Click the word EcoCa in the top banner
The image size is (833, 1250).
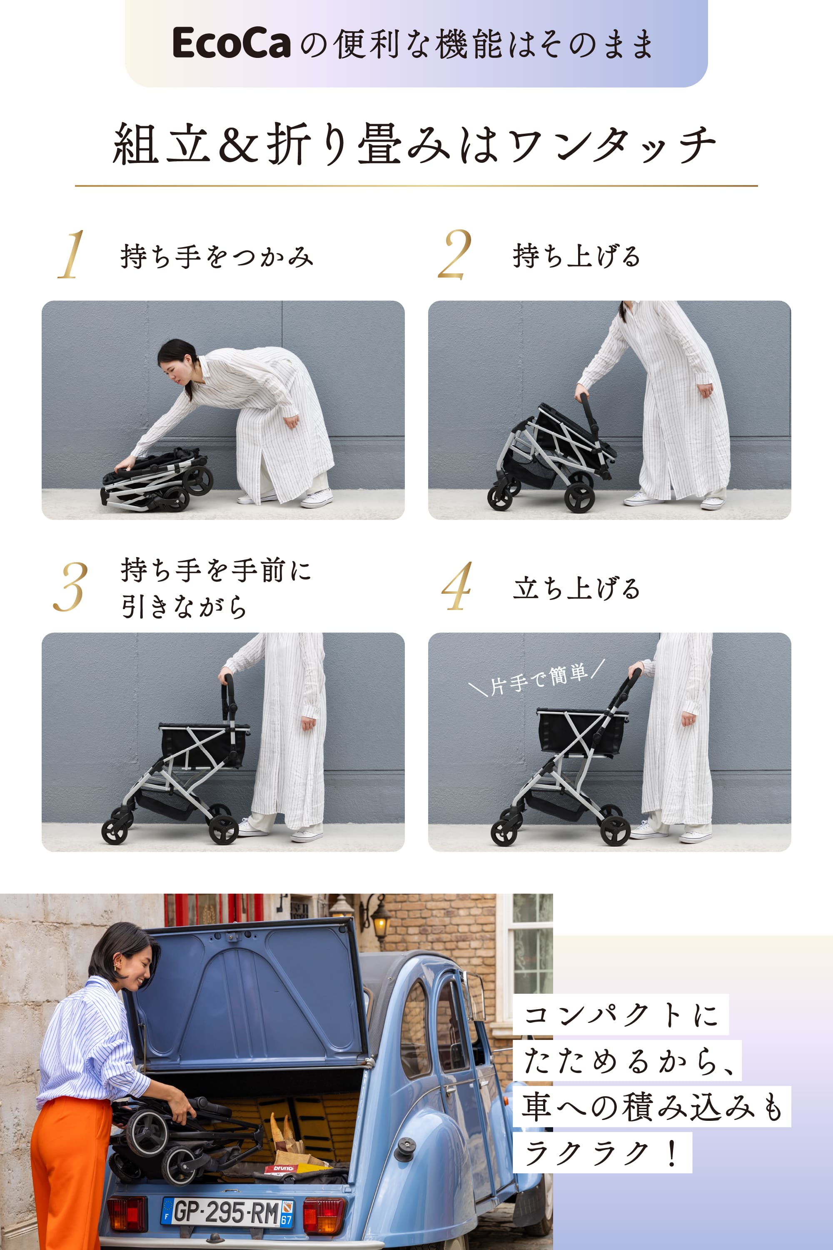point(231,43)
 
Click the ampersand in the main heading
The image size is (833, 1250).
point(238,143)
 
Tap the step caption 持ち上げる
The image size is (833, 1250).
point(576,256)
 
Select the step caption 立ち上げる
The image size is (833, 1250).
point(576,588)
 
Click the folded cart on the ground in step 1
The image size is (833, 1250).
point(157,480)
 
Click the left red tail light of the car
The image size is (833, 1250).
point(127,1213)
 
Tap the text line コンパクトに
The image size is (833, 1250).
point(620,1014)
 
